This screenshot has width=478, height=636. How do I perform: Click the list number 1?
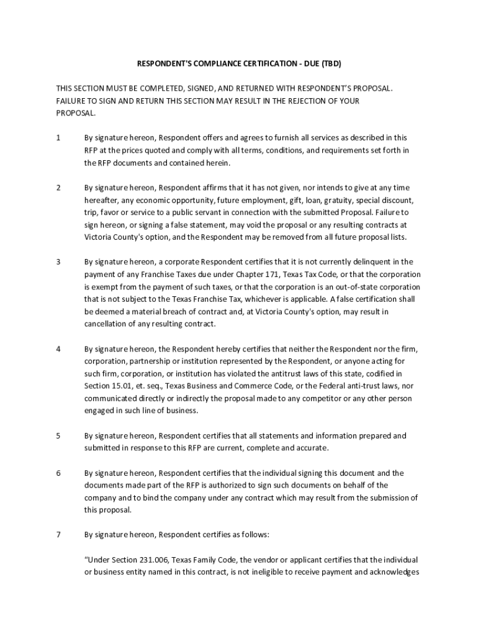[x=58, y=138]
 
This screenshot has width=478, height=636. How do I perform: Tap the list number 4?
[x=58, y=349]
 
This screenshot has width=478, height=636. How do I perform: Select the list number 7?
[x=58, y=534]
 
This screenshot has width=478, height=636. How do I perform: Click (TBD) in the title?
[x=328, y=64]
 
